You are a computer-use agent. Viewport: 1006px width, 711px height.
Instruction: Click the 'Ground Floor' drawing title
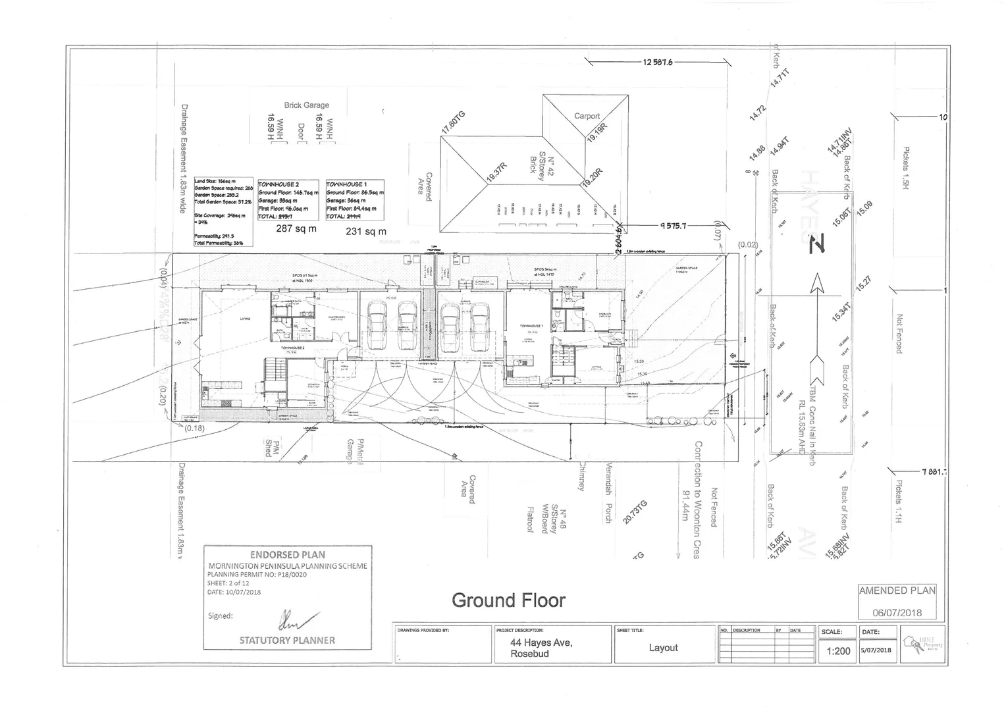(x=508, y=600)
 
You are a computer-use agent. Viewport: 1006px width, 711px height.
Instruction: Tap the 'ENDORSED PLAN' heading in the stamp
(x=287, y=555)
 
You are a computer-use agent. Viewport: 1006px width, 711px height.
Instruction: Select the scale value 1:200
(x=838, y=651)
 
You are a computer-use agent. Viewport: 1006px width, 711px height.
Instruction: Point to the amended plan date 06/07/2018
(x=897, y=612)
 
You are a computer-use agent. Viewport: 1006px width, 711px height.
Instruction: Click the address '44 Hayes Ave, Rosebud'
(x=541, y=648)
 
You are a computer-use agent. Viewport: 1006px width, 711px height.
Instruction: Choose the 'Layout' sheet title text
(x=663, y=648)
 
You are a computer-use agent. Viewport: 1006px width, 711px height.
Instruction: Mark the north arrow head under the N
(x=818, y=284)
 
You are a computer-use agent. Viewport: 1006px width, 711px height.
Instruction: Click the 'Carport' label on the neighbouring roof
(x=587, y=116)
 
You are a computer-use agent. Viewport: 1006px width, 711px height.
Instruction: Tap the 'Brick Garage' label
(x=306, y=105)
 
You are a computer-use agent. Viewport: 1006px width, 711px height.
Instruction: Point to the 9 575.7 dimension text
(x=673, y=226)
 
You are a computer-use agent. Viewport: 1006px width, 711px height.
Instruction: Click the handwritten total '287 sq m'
(x=296, y=229)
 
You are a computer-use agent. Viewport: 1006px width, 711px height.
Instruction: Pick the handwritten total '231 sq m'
(x=366, y=231)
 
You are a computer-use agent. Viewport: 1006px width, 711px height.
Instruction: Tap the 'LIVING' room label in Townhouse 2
(x=244, y=319)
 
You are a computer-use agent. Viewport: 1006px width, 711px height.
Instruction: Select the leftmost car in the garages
(x=377, y=326)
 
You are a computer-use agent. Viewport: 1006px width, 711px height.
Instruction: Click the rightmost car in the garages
(x=480, y=327)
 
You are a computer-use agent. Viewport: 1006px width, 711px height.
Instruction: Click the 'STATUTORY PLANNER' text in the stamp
(x=287, y=640)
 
